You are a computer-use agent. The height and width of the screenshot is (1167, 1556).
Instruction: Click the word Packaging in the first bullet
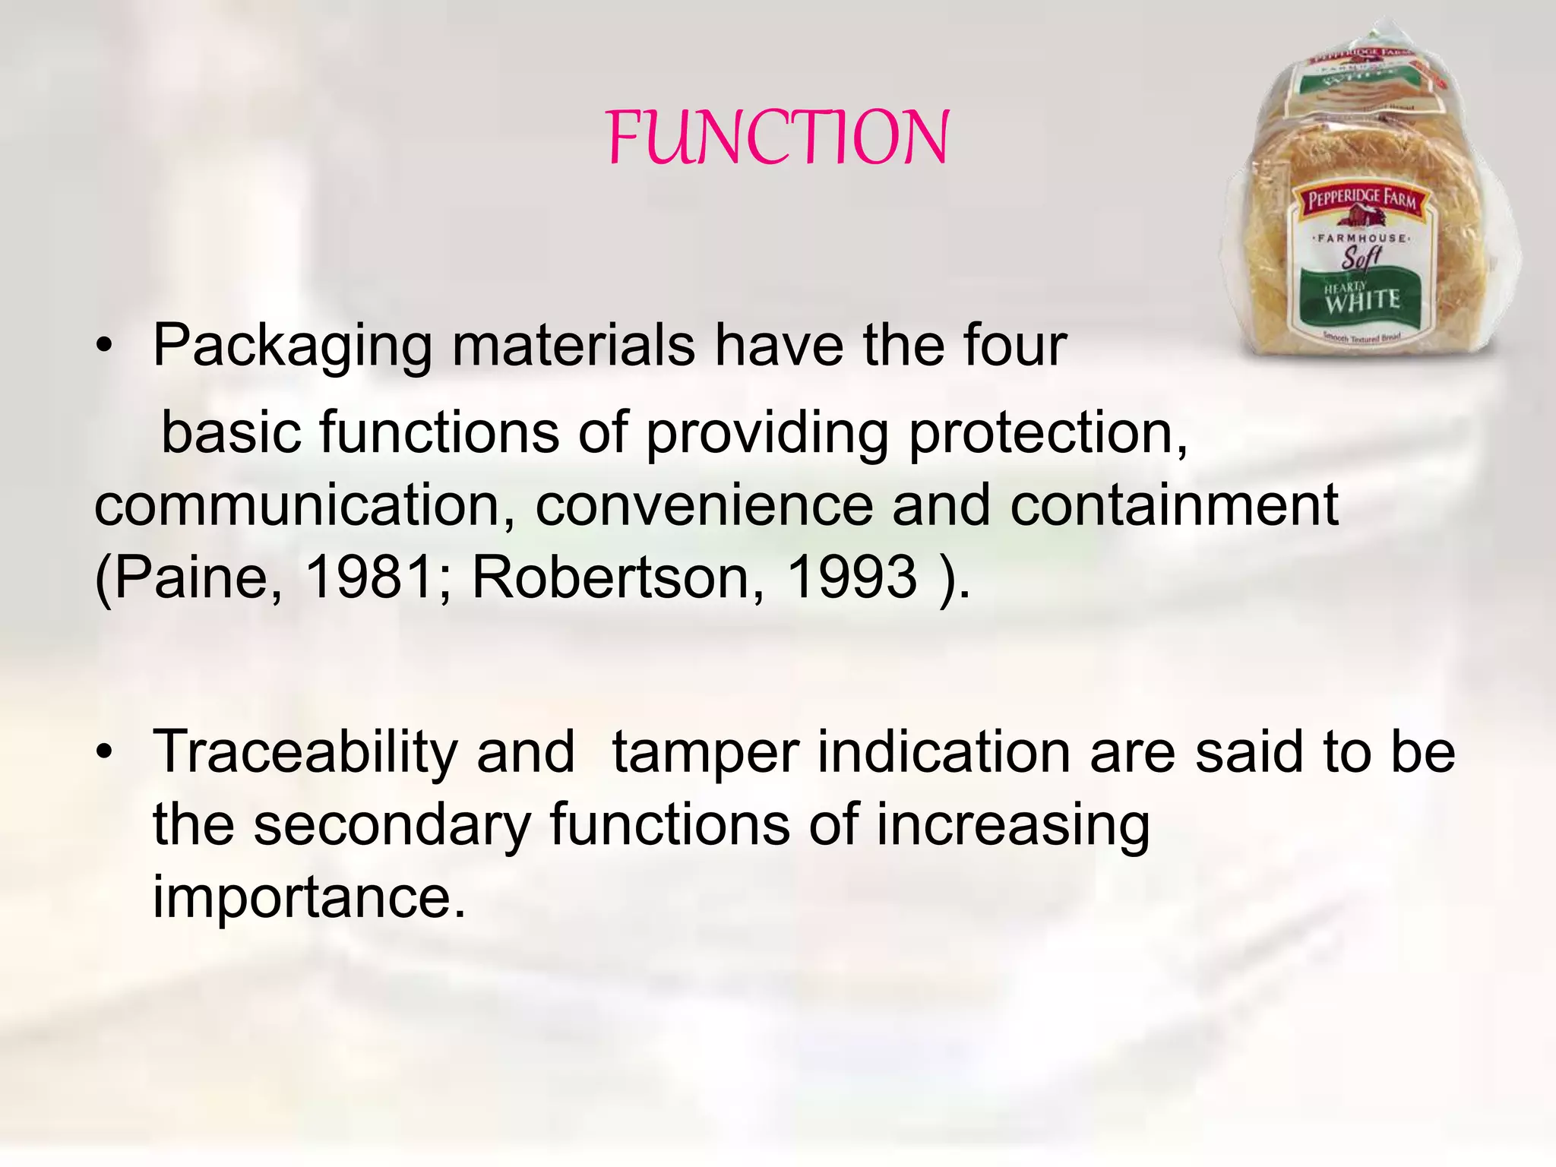pos(293,346)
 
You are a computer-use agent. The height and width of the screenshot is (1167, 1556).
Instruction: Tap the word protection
pos(1048,433)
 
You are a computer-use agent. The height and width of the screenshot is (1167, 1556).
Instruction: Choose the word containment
pos(1174,505)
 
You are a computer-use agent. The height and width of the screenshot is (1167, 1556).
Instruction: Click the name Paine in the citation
pos(190,577)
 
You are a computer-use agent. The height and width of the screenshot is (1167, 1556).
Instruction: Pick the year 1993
pos(852,577)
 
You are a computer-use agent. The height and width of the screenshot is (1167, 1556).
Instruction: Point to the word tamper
pos(705,752)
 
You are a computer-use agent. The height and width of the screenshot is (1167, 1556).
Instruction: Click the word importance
pos(308,897)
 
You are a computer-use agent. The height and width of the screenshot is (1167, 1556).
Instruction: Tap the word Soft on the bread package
pos(1360,257)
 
